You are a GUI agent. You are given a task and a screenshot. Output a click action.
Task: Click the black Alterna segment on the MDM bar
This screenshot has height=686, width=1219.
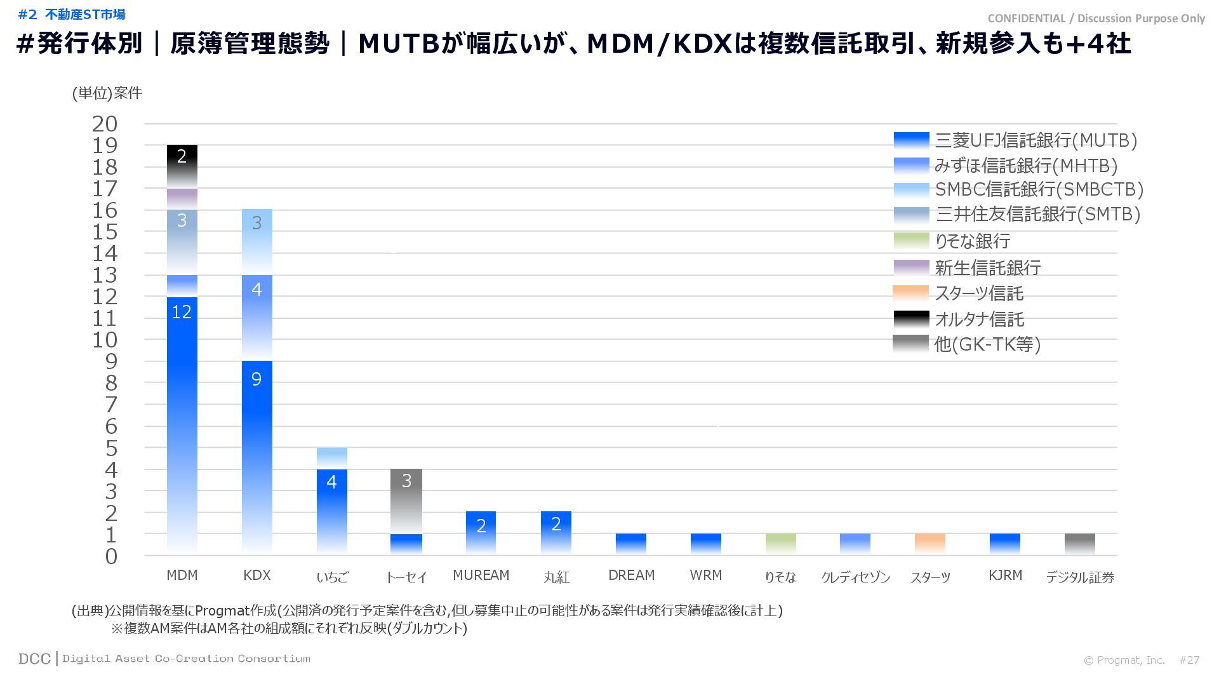[182, 166]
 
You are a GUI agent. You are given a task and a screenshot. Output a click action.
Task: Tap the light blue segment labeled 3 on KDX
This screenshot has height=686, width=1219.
[256, 242]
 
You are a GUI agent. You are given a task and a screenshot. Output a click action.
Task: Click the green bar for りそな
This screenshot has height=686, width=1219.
[780, 544]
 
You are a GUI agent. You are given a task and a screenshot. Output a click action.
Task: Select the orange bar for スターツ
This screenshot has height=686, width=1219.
[930, 544]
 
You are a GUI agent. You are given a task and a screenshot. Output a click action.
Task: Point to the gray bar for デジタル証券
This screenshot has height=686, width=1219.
[1079, 544]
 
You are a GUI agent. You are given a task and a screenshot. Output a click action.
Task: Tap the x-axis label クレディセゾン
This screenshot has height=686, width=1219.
[855, 577]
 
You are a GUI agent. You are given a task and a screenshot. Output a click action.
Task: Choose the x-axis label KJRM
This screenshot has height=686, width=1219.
[1005, 575]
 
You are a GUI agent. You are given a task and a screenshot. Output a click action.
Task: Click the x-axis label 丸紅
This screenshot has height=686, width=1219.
[556, 577]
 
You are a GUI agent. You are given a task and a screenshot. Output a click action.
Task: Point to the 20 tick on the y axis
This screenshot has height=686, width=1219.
[105, 124]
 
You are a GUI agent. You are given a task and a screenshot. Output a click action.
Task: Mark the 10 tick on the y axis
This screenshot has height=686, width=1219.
[105, 340]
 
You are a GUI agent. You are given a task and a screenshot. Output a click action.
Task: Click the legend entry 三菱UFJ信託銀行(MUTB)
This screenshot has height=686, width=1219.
[1036, 140]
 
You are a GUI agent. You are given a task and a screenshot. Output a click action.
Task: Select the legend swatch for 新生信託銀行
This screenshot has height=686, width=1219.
[911, 267]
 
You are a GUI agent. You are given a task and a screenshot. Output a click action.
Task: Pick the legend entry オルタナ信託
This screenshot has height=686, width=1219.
[979, 319]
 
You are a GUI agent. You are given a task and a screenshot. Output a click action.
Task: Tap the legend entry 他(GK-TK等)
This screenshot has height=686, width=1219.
[987, 344]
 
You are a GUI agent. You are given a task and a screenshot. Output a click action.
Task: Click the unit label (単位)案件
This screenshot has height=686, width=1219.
[107, 93]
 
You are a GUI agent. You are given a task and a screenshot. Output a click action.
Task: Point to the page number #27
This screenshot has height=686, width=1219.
[1189, 660]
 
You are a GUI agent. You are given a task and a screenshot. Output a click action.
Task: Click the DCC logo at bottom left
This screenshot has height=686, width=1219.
[34, 659]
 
